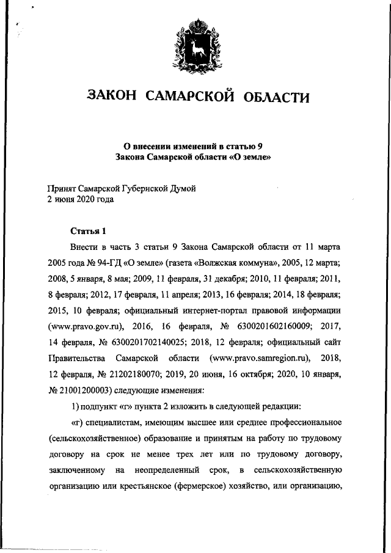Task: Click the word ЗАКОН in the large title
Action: [x=113, y=96]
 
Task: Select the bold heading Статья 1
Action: [x=89, y=231]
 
